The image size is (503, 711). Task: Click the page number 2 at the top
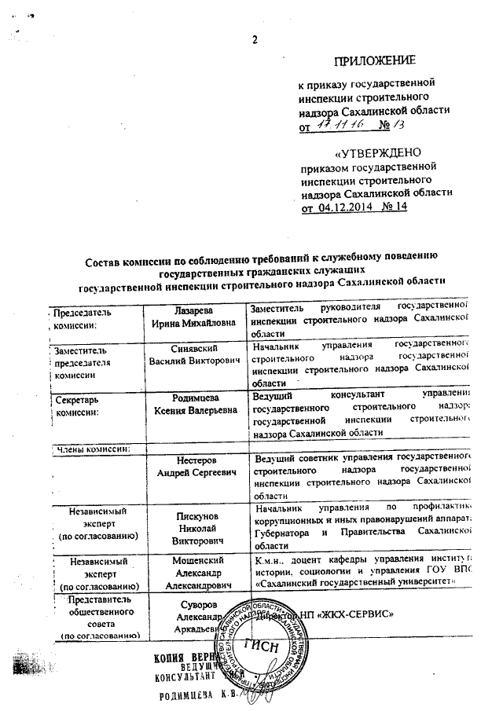254,42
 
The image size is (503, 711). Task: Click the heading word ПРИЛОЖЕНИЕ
375,60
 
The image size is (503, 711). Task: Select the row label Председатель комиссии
83,318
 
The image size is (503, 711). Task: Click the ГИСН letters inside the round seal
264,647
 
